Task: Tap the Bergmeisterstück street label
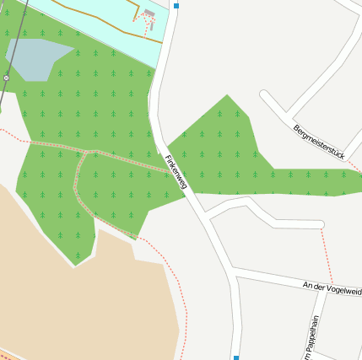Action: tap(321, 141)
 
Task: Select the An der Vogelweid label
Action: tap(332, 288)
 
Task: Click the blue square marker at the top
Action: tap(176, 6)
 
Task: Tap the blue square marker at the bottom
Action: tap(236, 357)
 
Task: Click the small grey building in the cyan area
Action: tap(149, 13)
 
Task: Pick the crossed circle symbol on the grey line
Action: tap(6, 78)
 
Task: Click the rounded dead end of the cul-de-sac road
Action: tap(321, 224)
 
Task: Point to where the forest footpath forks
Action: tap(91, 153)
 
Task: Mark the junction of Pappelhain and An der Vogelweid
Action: tap(316, 292)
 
